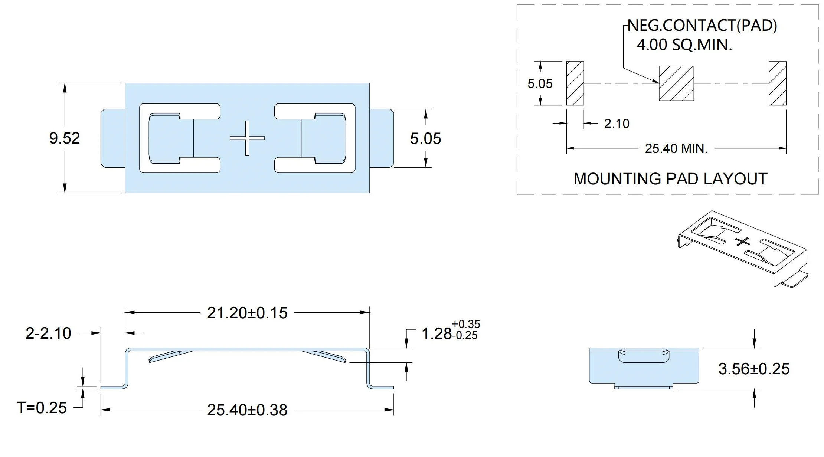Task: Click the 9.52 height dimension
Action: pos(65,138)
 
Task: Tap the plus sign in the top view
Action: pos(247,138)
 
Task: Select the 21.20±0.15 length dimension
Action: pos(247,313)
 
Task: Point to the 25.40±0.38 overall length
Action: pos(247,410)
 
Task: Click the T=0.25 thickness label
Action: pos(42,408)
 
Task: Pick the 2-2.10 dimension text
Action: pos(48,333)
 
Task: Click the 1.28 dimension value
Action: pos(436,334)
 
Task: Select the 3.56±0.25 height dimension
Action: pos(754,369)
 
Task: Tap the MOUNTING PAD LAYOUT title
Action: pos(670,179)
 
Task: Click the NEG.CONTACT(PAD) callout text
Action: pos(702,26)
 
